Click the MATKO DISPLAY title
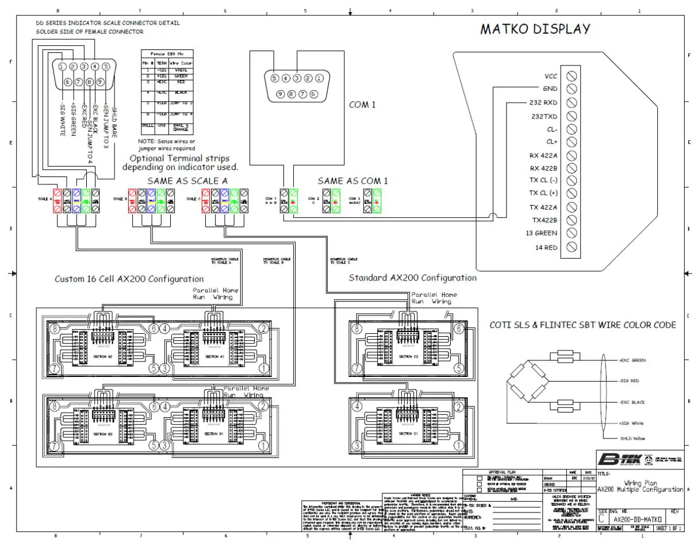535,29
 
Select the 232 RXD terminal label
543,103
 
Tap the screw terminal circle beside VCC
572,76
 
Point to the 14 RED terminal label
545,247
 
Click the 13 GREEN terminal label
541,233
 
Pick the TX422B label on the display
543,220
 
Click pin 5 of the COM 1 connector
275,78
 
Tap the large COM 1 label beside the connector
362,105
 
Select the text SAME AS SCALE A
187,180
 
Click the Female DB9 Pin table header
166,53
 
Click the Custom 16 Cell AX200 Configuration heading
129,279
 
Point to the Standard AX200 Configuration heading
413,278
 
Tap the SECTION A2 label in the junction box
102,357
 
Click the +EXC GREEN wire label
632,360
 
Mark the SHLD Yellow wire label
631,438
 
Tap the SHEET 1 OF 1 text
669,528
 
